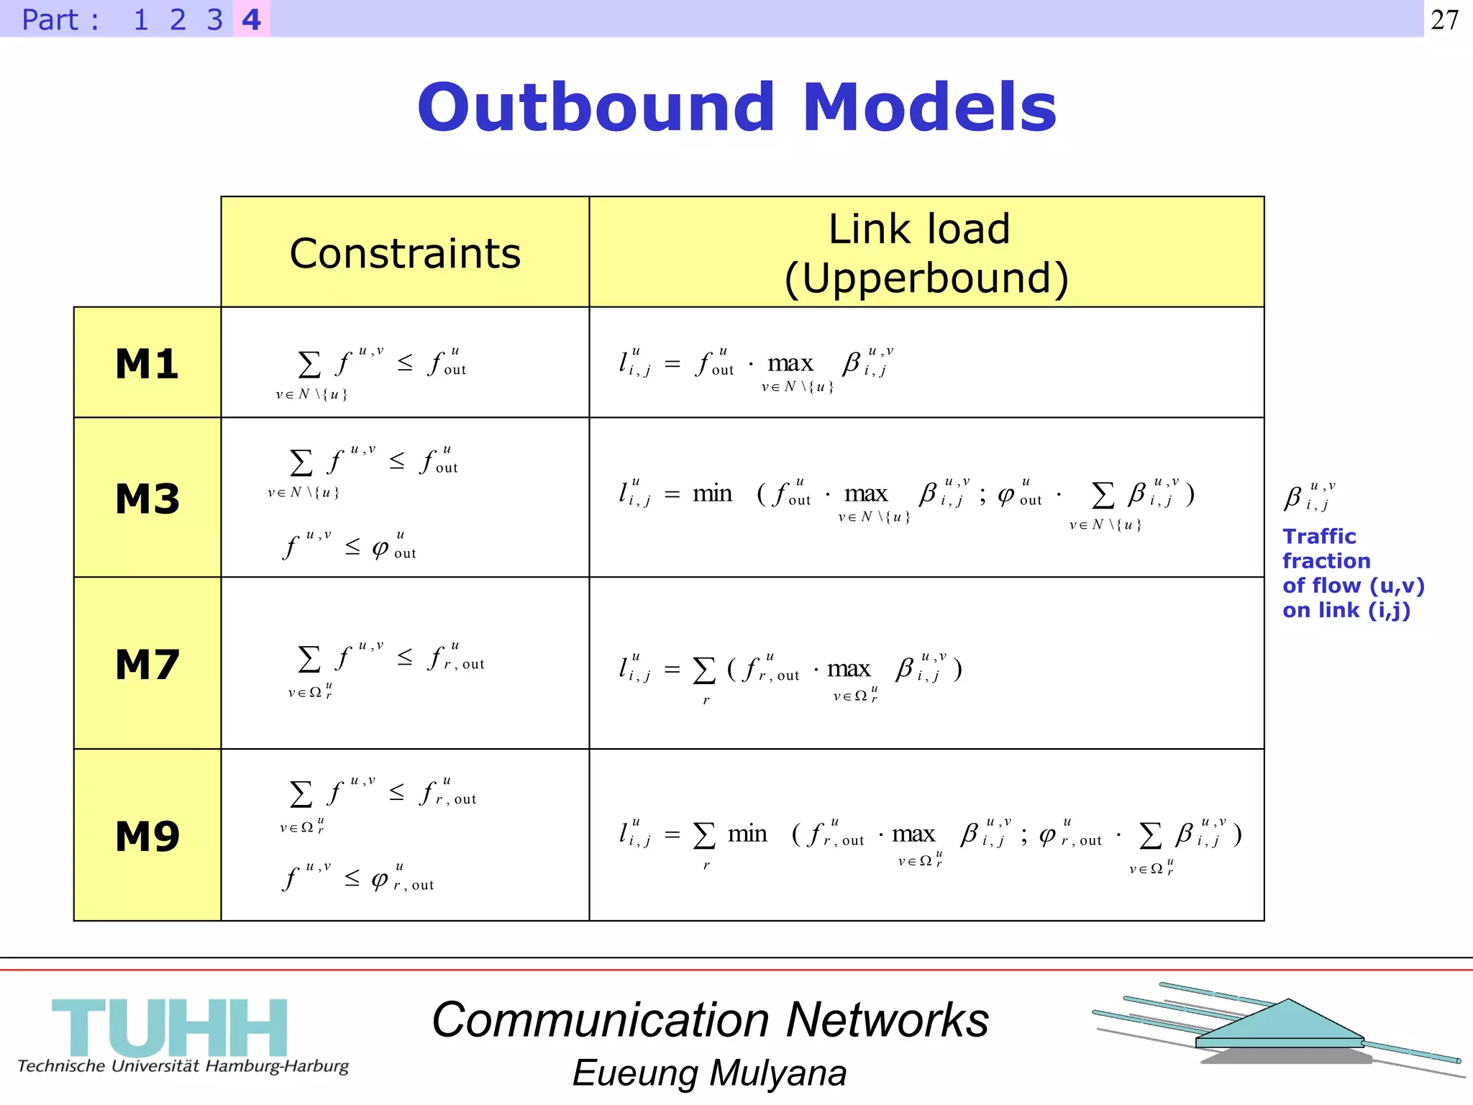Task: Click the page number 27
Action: click(x=1444, y=19)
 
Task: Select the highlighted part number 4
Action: click(x=251, y=19)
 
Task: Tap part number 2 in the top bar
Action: click(x=178, y=19)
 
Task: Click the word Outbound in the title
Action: click(x=596, y=107)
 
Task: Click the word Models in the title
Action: click(x=929, y=107)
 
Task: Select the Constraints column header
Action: click(x=405, y=253)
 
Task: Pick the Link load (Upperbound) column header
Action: click(x=926, y=253)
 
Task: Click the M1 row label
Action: click(x=147, y=363)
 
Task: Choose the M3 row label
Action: click(x=147, y=498)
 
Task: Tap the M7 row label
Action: click(x=147, y=663)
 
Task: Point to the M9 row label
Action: click(x=147, y=835)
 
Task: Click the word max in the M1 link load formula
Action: click(x=790, y=363)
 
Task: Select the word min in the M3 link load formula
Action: click(x=712, y=494)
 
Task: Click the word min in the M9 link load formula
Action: click(x=747, y=834)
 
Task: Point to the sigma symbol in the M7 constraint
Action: click(x=309, y=659)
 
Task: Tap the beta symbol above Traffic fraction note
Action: click(x=1294, y=497)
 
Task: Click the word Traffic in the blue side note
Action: click(x=1319, y=536)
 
